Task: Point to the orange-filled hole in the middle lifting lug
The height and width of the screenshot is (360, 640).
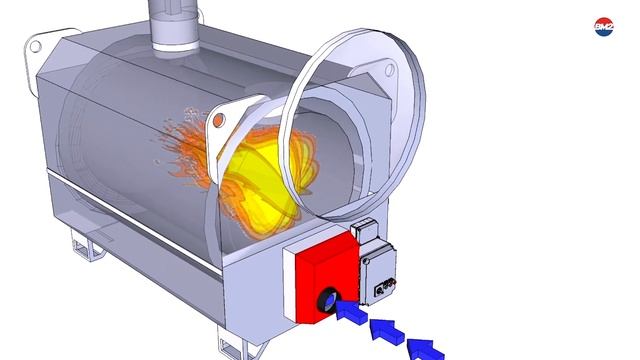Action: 220,121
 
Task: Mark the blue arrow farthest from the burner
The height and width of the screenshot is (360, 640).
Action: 425,348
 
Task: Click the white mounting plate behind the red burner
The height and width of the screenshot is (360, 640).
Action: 289,275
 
